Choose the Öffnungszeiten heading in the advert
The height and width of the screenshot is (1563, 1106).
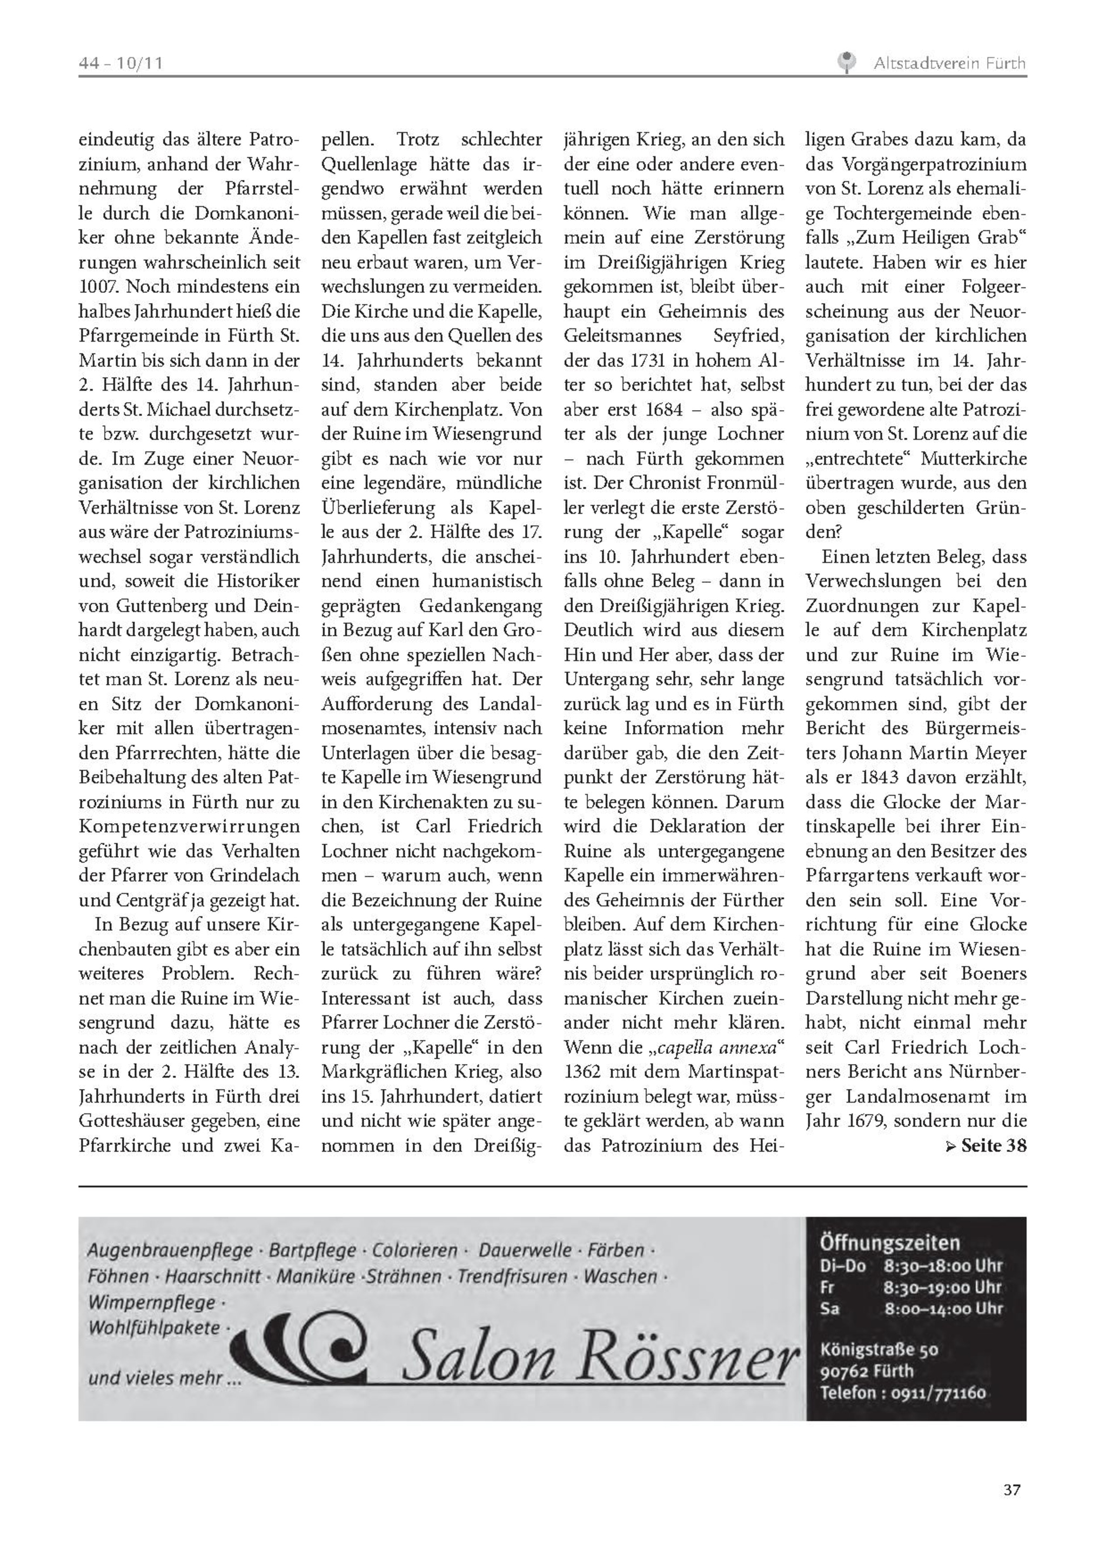point(889,1244)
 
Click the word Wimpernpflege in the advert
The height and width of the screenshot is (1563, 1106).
point(151,1302)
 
